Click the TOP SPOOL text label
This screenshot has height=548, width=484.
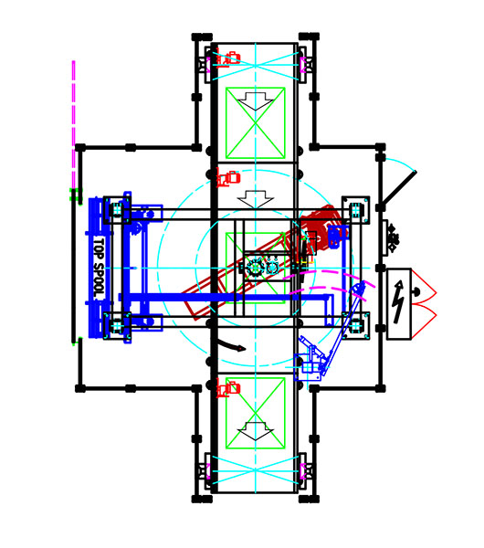[x=100, y=269]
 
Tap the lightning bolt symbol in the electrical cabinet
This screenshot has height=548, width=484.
[x=398, y=302]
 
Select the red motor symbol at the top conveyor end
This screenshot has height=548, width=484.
[x=228, y=58]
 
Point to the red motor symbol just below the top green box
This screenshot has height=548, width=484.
[x=228, y=177]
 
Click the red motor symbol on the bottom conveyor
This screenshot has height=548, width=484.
[x=228, y=389]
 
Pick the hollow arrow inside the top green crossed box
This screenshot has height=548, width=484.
[x=256, y=101]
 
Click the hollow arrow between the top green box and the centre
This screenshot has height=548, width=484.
[x=256, y=200]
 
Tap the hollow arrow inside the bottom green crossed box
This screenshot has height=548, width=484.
[x=256, y=431]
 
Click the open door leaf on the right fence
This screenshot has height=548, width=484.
[x=399, y=188]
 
